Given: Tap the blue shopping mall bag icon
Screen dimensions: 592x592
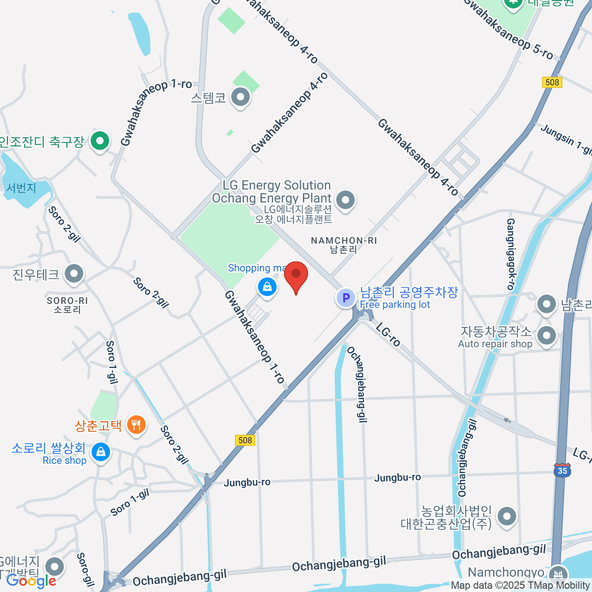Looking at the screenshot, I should tap(267, 286).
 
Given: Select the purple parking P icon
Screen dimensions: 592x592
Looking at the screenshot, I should tap(346, 298).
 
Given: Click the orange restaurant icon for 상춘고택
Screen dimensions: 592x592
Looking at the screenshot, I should tap(136, 425).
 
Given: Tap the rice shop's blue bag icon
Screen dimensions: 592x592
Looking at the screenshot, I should tap(101, 452).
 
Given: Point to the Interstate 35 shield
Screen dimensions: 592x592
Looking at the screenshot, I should tap(562, 469).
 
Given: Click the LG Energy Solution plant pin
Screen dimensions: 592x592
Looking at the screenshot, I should tap(345, 200).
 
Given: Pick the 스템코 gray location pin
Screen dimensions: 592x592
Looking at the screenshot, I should tap(241, 97).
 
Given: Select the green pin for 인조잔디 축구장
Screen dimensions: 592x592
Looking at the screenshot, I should tap(100, 142).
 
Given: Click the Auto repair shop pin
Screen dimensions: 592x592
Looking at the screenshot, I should tap(547, 336).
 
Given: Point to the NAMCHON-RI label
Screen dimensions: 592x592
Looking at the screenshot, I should tap(343, 241).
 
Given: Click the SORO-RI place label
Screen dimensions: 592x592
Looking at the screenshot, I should tap(67, 300).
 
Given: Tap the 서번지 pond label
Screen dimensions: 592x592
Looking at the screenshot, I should tap(21, 188).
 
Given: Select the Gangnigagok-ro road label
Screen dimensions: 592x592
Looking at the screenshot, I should tap(511, 254).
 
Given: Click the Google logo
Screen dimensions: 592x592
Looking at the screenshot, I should tap(31, 581).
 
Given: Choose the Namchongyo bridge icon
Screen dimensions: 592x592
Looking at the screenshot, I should tap(558, 574).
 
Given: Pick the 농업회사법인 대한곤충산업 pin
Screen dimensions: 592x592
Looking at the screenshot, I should tap(507, 516).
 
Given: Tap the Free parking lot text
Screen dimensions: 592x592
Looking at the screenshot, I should tap(395, 305).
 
